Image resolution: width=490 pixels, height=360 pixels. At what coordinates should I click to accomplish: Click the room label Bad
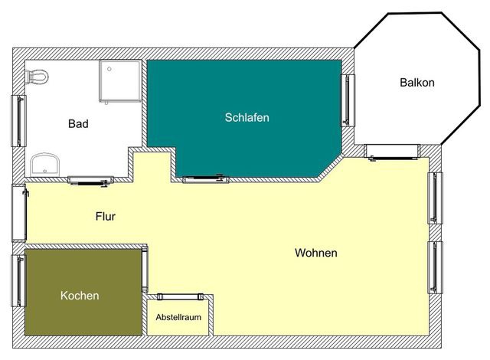coord(78,123)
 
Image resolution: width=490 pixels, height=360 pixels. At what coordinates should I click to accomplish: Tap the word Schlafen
coord(247,118)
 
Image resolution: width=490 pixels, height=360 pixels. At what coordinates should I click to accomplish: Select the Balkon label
coord(416,83)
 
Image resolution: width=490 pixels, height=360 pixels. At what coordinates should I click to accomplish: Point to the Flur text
coord(105,217)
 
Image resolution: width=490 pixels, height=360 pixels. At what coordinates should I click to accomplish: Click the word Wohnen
coord(315,253)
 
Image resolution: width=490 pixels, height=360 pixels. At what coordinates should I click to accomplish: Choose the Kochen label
coord(80,295)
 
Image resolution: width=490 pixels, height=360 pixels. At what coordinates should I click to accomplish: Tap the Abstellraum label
coord(178,316)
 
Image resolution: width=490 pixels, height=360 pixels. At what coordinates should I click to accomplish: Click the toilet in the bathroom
coord(38,76)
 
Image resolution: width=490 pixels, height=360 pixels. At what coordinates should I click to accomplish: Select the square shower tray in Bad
coord(120,80)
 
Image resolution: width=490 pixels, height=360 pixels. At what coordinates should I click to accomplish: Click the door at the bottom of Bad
coord(91,180)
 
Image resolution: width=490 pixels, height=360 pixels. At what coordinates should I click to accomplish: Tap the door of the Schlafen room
coord(205,179)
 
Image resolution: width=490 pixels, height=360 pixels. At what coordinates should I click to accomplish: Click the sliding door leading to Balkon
coord(392,153)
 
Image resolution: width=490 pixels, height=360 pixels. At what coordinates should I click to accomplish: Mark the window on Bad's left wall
coord(17,120)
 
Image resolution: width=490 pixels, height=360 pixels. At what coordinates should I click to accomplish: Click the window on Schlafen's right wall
coord(349,100)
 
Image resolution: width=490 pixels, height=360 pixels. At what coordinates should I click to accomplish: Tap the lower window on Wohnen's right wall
coord(436,267)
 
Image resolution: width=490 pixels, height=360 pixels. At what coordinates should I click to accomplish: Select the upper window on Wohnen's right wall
coord(436,198)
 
